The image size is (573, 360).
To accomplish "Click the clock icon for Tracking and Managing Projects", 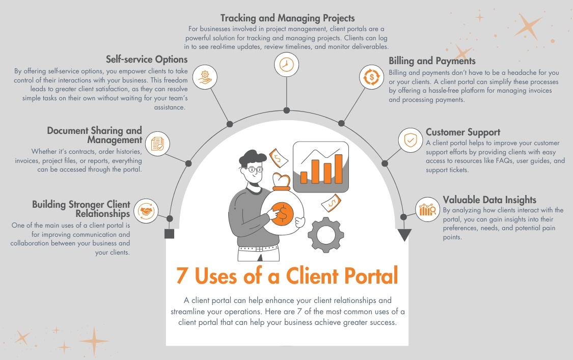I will click(287, 65).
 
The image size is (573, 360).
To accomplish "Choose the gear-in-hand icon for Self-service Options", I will click(205, 77).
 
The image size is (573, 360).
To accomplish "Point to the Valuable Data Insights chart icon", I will click(427, 209).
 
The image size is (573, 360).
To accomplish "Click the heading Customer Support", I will click(462, 132).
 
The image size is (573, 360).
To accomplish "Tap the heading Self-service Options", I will click(147, 59).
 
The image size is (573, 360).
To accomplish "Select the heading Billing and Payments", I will click(432, 61).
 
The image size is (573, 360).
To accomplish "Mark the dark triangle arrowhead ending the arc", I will click(404, 235).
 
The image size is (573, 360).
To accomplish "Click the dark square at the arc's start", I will click(170, 234).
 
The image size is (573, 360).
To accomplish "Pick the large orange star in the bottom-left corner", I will click(94, 341).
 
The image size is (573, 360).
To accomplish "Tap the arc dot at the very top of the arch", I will click(287, 110).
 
